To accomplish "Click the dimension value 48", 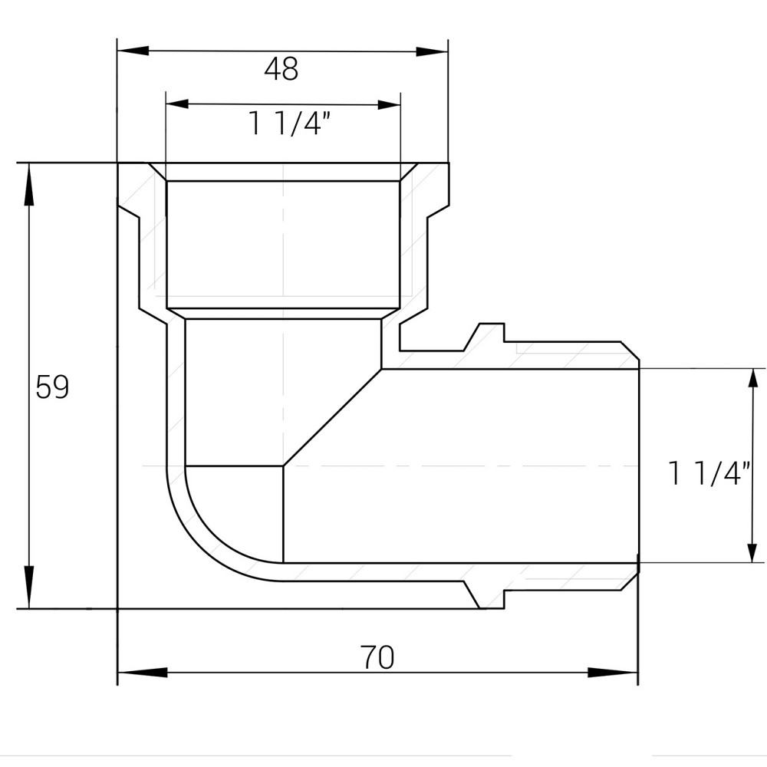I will (x=281, y=70).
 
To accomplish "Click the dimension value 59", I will (x=52, y=387).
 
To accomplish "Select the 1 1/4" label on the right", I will (x=706, y=473).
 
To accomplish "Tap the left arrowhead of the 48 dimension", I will (x=132, y=51).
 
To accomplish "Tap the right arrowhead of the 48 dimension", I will (x=432, y=51).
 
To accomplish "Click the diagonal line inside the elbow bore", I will (x=333, y=417).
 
